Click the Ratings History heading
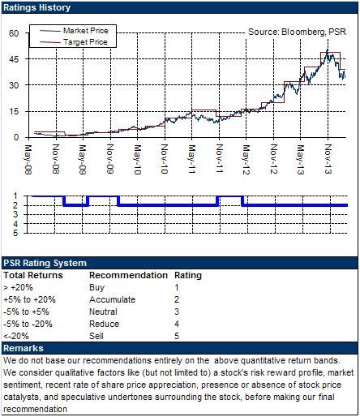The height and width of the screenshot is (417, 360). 36,7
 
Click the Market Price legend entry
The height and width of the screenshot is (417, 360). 74,31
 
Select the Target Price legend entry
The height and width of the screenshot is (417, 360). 74,42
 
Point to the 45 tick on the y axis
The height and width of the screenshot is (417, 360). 14,59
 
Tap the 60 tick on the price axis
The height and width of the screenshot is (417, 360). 14,33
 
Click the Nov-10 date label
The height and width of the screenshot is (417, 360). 164,159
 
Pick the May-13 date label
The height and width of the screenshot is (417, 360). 300,160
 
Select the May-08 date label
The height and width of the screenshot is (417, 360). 28,160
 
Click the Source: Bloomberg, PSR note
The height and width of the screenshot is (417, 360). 297,32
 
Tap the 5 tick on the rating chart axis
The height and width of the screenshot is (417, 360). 15,233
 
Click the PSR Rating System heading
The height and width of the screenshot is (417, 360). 45,263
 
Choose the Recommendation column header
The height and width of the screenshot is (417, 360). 128,275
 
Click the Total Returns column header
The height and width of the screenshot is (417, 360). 33,275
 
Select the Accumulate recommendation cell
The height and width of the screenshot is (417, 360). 113,299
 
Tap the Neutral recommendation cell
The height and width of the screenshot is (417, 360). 103,312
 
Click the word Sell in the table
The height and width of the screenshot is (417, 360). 96,336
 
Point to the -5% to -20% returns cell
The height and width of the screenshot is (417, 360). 28,324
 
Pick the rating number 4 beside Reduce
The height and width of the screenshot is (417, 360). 177,324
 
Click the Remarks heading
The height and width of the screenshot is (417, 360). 24,348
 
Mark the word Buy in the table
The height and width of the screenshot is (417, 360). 97,287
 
